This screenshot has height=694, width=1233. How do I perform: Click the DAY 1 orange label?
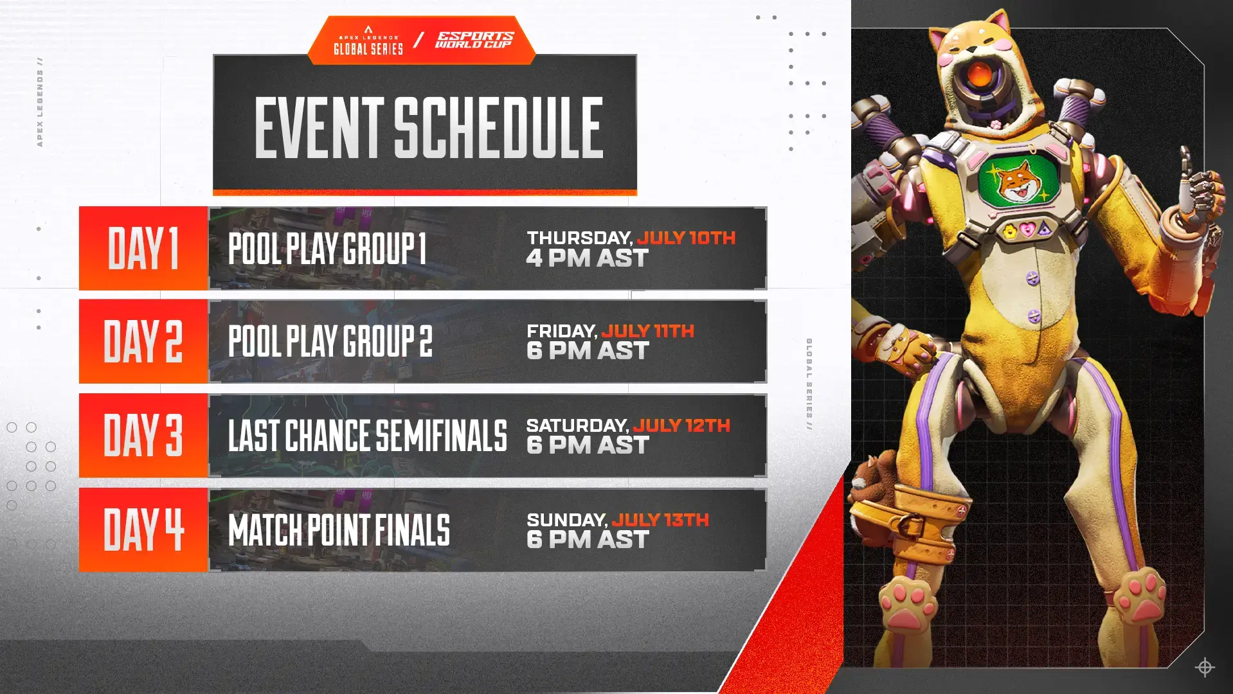coord(143,248)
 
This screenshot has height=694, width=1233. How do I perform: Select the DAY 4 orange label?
coord(143,529)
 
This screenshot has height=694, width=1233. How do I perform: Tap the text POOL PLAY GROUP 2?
coord(330,341)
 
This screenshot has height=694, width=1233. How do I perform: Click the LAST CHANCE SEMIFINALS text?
coord(367,436)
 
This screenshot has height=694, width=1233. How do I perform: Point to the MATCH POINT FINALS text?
coord(339,530)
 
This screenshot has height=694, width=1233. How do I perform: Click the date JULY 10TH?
coord(686,238)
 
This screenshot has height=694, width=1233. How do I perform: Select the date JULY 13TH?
coord(660,519)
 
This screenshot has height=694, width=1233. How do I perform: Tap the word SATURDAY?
coord(577,425)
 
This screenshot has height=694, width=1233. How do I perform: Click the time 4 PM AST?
coord(587,258)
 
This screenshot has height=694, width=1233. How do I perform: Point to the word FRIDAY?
coord(561,331)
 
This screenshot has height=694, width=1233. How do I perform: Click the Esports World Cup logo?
coord(474,40)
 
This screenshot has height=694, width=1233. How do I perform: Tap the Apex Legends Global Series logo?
coord(368,41)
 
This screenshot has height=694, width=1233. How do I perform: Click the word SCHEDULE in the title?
coord(498,127)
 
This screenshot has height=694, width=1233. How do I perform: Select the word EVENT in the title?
coord(319,127)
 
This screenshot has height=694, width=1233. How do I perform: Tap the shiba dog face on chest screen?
coord(1019,181)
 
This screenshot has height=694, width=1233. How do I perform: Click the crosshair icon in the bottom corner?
coord(1204,667)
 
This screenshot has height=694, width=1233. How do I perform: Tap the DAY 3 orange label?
coord(143,436)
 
